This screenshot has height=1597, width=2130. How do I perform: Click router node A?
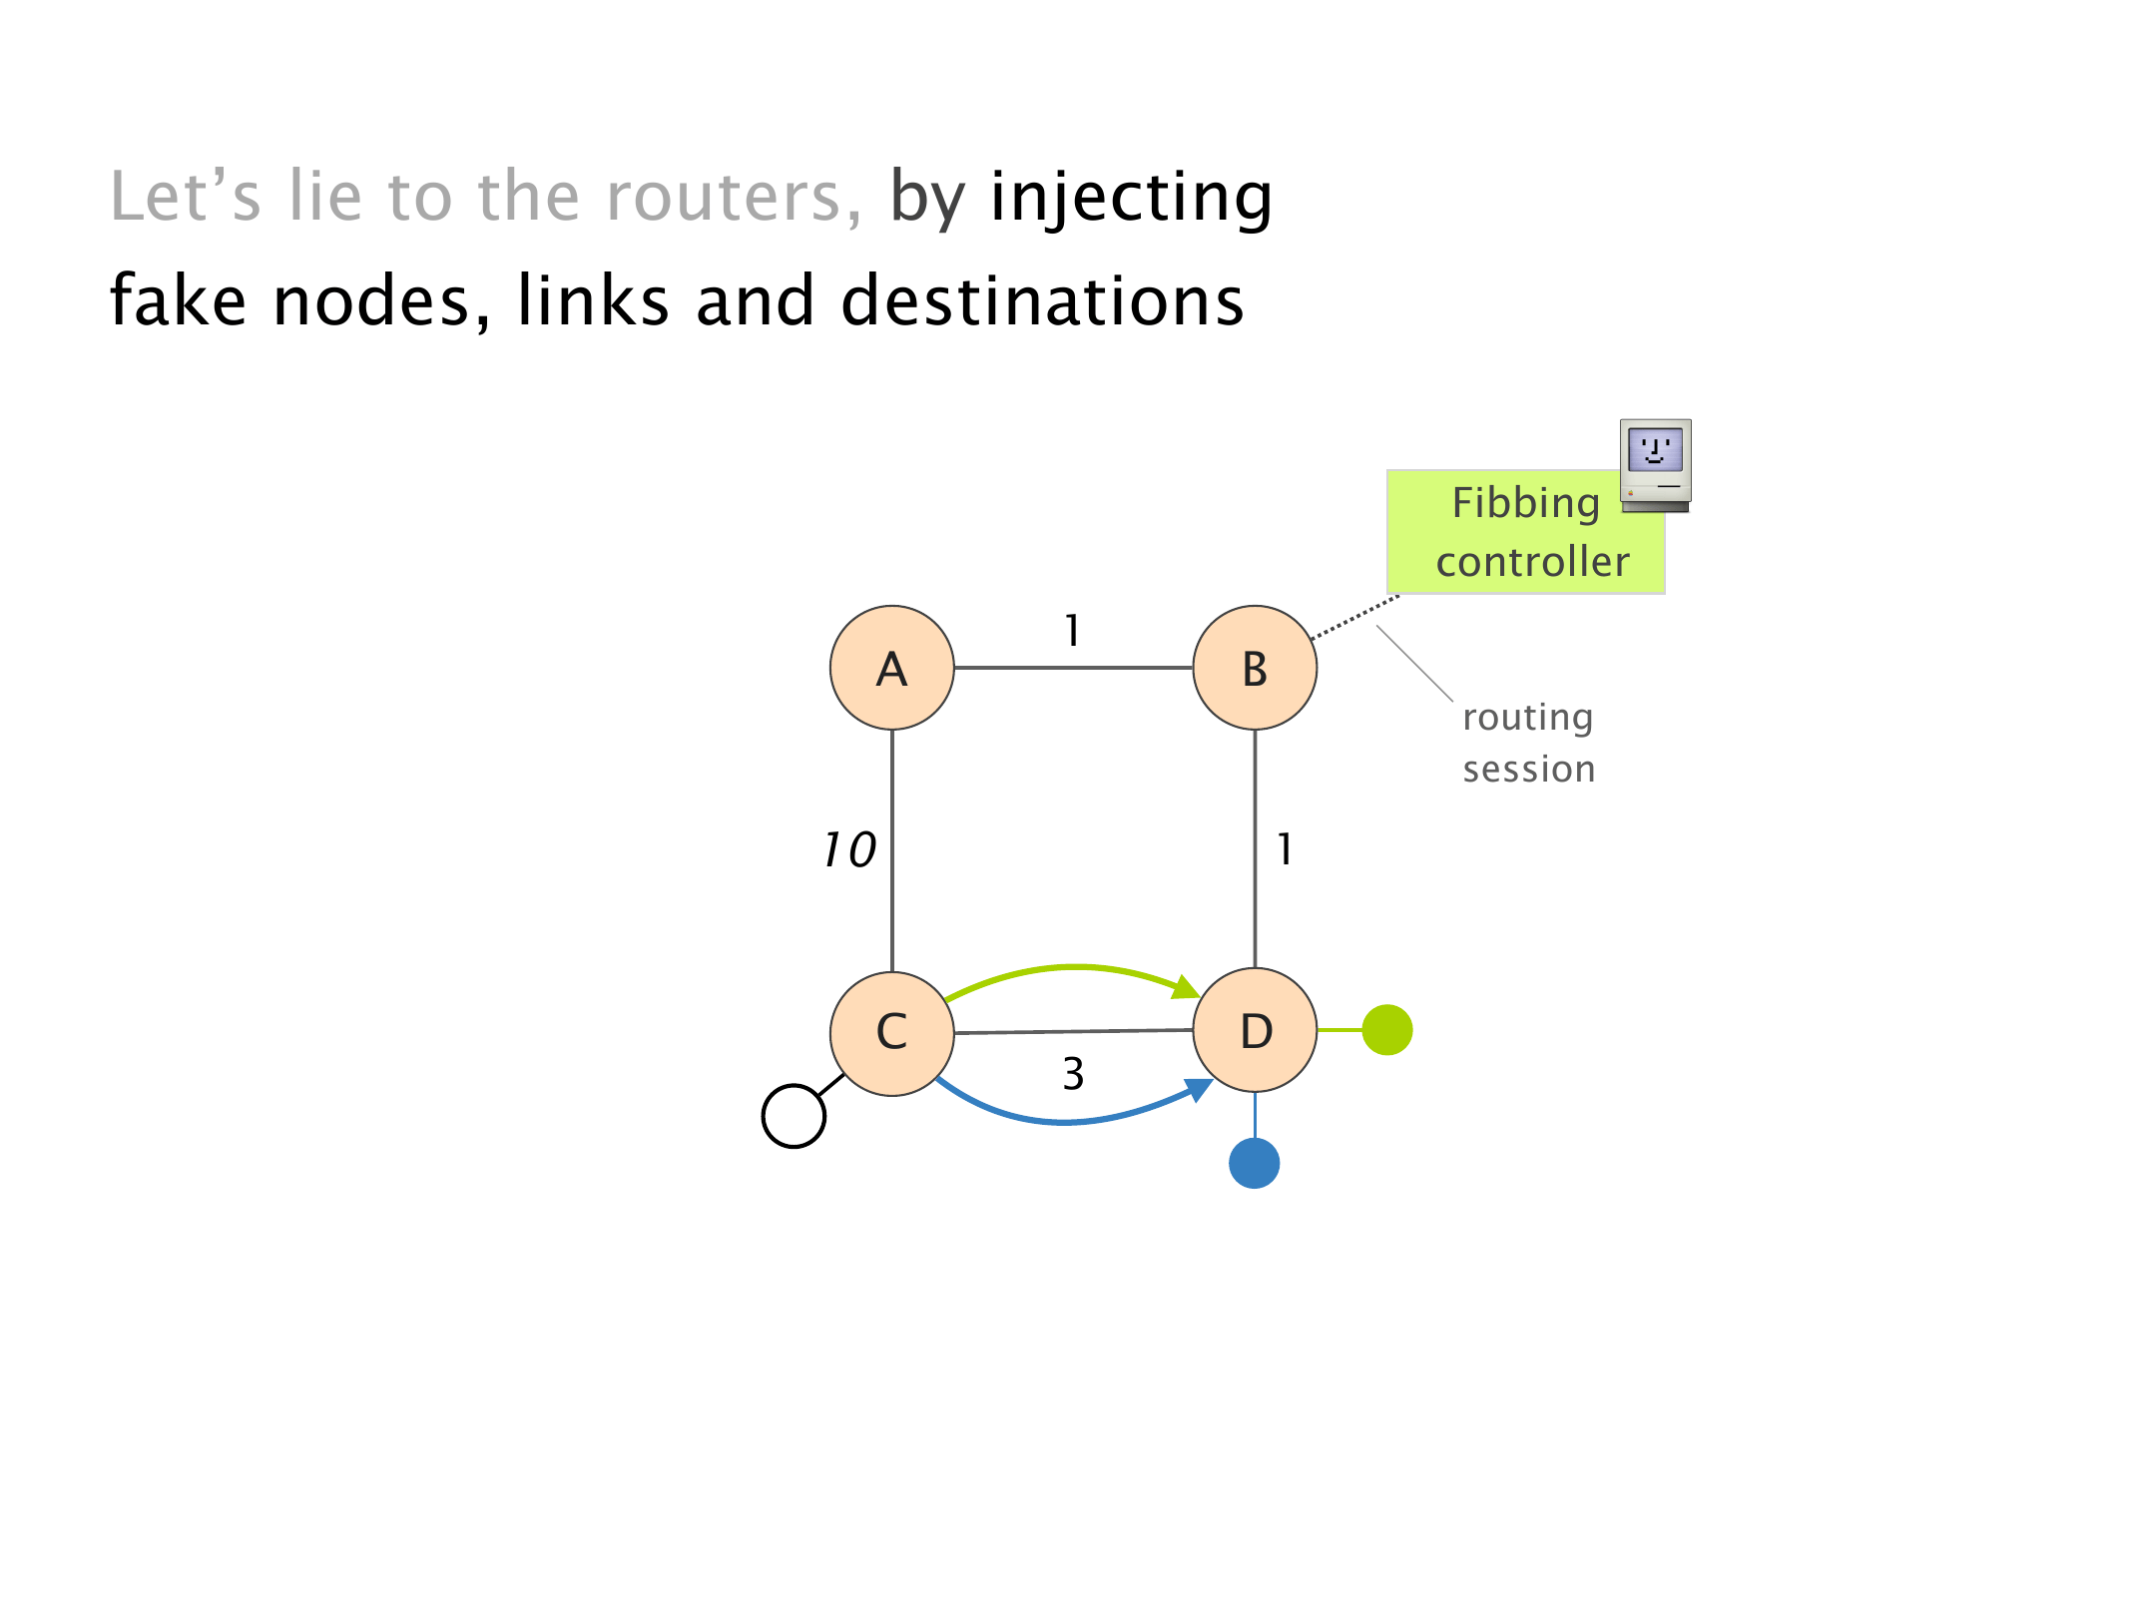click(x=891, y=668)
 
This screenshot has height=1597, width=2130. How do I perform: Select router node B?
click(x=1255, y=668)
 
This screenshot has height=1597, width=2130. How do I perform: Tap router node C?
click(x=891, y=1032)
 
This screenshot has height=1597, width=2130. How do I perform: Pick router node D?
click(x=1255, y=1030)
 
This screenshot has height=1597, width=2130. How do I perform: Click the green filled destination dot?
click(x=1386, y=1029)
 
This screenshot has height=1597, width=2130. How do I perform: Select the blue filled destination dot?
click(x=1254, y=1163)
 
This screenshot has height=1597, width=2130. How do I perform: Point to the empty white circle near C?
click(x=794, y=1116)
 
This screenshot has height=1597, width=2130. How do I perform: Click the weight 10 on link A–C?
click(x=849, y=850)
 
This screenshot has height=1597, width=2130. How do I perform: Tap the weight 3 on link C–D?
click(x=1073, y=1074)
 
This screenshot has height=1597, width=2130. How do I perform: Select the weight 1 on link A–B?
click(x=1072, y=631)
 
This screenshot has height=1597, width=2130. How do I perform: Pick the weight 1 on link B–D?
click(x=1285, y=850)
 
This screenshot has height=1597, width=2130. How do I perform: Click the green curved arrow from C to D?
click(x=1073, y=967)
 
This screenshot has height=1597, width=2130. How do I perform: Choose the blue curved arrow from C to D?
click(x=1068, y=1121)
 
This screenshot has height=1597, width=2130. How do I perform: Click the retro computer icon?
click(x=1655, y=465)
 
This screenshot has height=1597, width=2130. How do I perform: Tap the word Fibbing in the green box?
click(x=1525, y=503)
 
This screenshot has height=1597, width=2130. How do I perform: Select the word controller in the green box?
click(x=1532, y=562)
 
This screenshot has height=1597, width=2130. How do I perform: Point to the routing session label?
click(x=1528, y=743)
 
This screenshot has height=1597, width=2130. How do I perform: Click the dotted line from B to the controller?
click(x=1354, y=617)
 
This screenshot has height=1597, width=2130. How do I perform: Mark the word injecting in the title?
click(x=1131, y=198)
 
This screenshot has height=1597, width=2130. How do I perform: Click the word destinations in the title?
click(x=1042, y=301)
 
